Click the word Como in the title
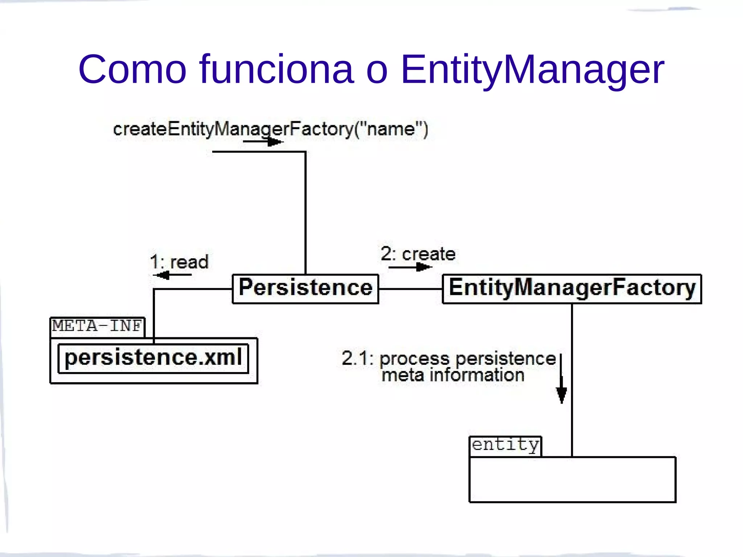132,69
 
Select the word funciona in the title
276,69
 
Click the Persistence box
305,289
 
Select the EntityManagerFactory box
572,289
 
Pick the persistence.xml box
153,358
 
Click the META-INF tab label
97,326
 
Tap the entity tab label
505,445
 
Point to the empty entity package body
572,479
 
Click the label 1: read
179,261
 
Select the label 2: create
418,254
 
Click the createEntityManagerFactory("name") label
271,129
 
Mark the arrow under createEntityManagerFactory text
263,142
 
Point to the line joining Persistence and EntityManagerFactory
410,289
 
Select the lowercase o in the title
377,71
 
